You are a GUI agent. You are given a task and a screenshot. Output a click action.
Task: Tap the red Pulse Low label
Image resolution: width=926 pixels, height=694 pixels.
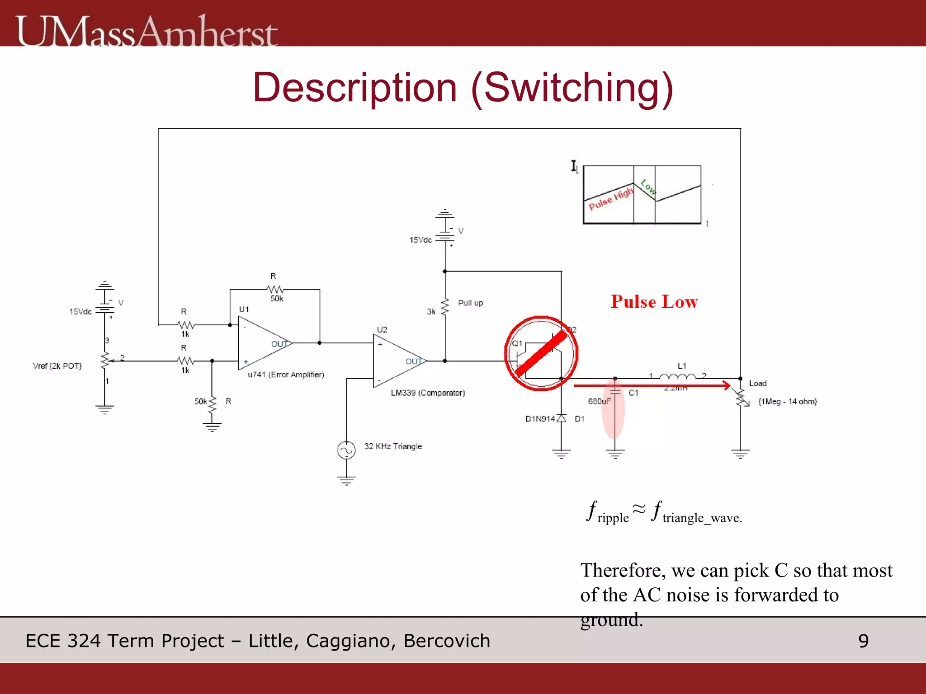(654, 302)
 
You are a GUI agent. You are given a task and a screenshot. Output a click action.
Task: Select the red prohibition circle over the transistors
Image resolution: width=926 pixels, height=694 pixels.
(541, 353)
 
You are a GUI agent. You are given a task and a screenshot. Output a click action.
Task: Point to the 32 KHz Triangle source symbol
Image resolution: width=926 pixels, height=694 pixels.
(346, 450)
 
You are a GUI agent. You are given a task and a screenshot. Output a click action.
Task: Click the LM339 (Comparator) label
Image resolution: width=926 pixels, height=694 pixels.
(428, 393)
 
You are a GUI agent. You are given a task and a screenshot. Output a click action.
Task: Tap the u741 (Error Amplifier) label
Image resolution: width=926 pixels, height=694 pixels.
(286, 375)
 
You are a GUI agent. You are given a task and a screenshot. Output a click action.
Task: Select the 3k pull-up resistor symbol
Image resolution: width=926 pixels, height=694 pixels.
(445, 307)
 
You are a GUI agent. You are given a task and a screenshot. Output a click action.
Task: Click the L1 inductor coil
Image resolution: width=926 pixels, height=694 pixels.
(677, 377)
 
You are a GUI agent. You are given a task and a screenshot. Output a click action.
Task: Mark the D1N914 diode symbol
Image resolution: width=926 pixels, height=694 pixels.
(562, 418)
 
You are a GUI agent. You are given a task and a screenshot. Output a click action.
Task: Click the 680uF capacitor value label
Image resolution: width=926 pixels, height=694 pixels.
(599, 401)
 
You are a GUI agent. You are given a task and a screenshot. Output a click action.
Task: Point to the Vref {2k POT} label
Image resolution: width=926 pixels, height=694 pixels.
(57, 366)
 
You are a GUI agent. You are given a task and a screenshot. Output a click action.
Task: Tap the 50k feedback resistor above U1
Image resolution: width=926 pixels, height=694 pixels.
(275, 289)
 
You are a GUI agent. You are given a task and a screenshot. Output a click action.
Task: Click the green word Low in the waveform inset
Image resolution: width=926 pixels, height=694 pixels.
(648, 187)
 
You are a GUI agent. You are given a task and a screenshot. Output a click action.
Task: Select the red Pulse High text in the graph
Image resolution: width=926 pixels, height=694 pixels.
(611, 199)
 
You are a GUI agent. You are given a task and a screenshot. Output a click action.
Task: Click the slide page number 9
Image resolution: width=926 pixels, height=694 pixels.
(863, 641)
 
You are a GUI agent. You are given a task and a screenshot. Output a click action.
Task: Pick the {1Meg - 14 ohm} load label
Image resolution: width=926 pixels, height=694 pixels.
(787, 401)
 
